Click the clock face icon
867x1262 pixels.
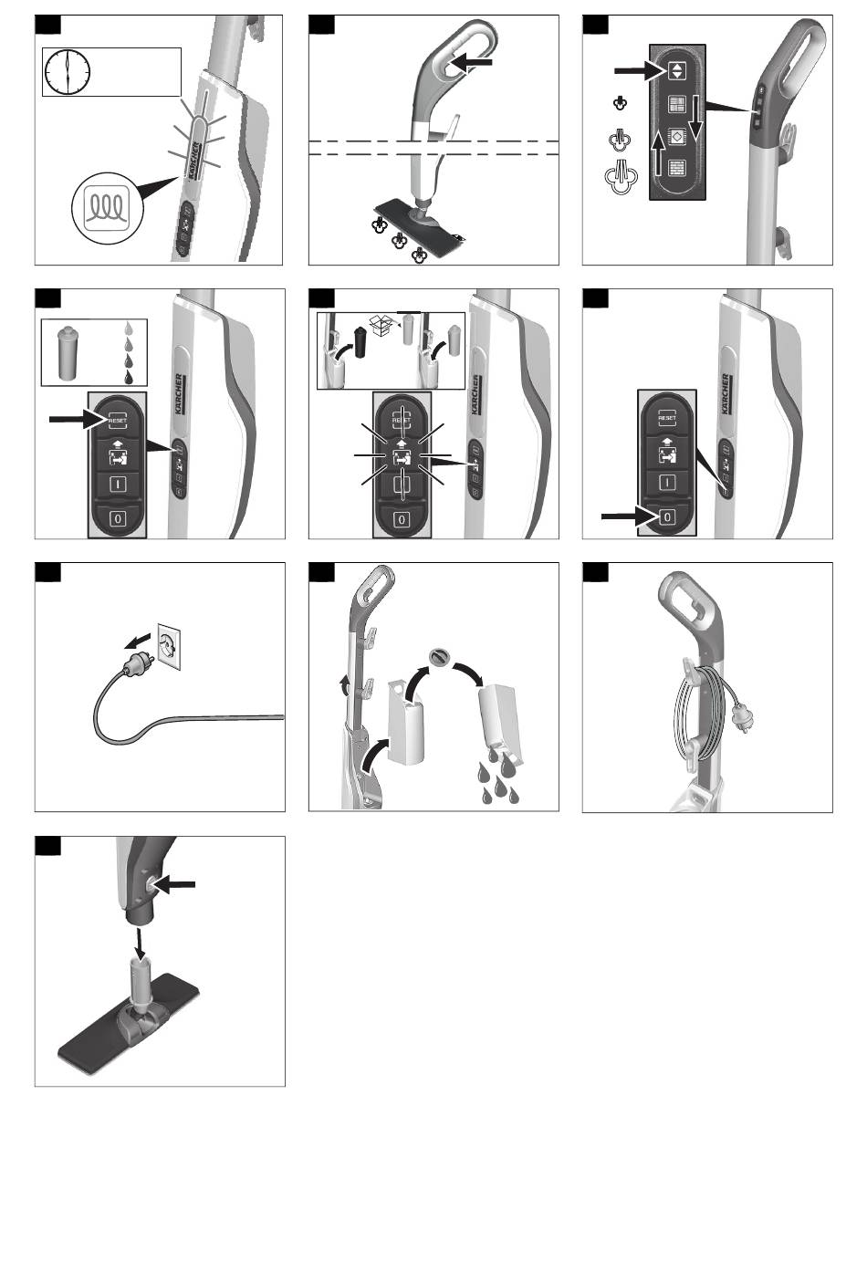coord(68,72)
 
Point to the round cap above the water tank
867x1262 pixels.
coord(441,657)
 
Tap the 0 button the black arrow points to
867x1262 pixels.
coord(668,516)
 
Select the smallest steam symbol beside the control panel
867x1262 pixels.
coord(619,102)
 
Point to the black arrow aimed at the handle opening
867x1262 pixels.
coord(477,62)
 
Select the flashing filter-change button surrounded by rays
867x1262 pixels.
coord(400,456)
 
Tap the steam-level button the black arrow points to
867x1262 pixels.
coord(676,69)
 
